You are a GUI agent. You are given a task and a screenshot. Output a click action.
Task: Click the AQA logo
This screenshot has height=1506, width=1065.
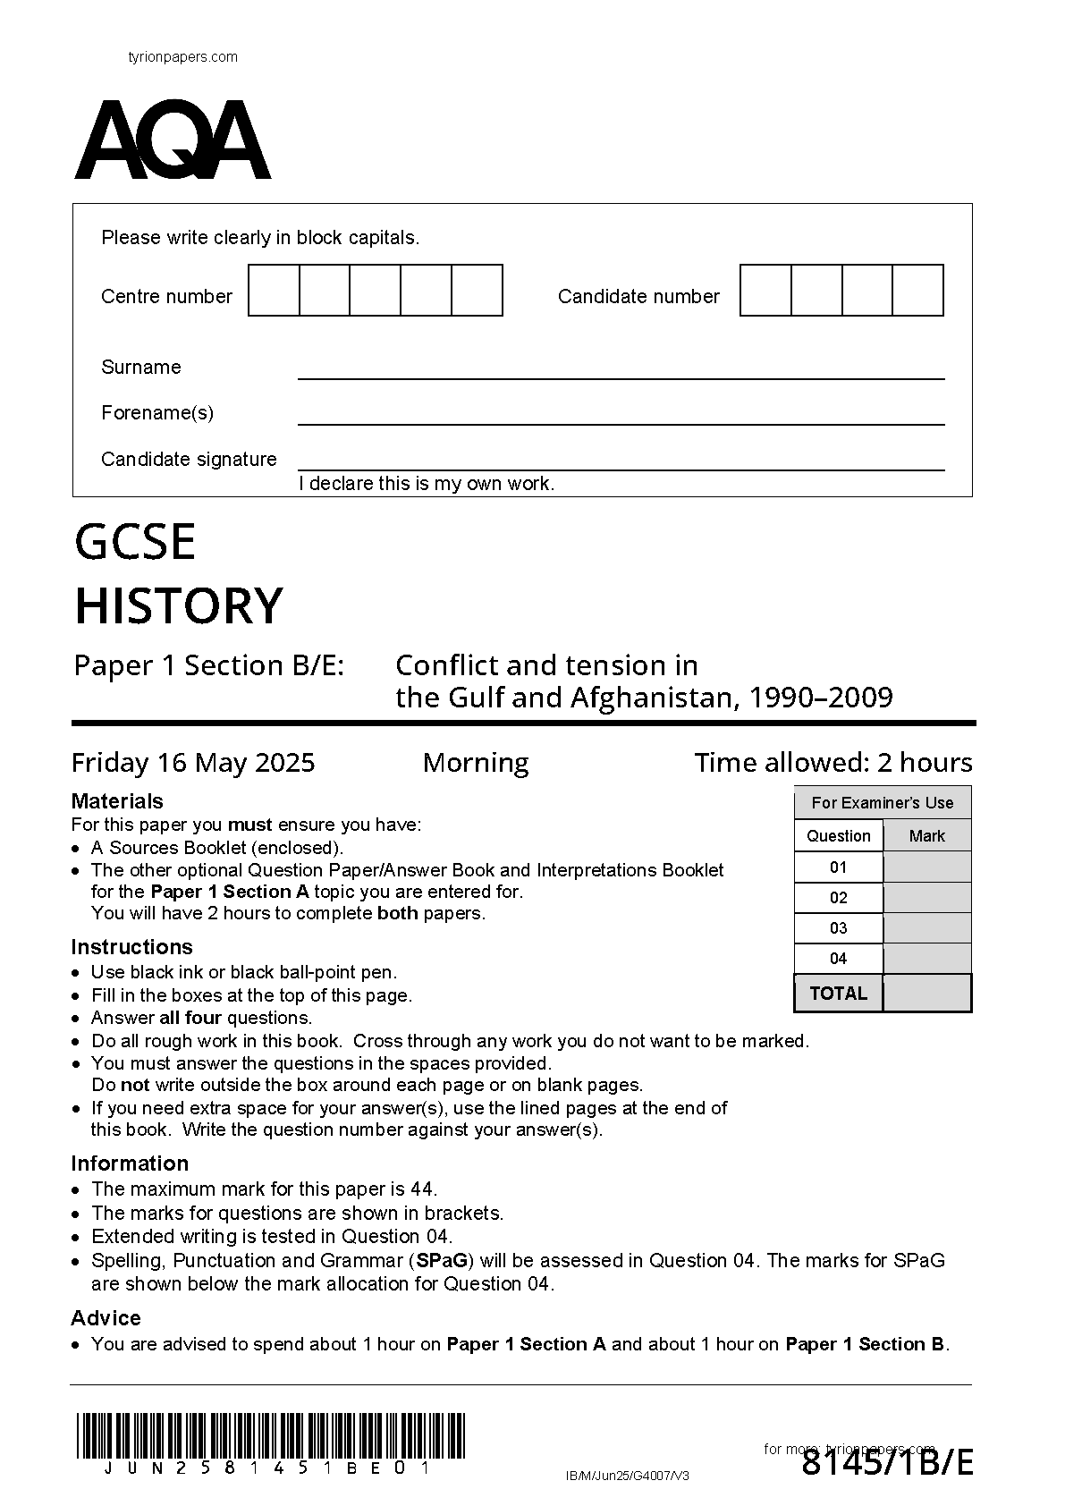(x=173, y=140)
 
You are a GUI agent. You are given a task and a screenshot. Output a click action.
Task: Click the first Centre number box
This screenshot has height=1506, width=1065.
(x=274, y=291)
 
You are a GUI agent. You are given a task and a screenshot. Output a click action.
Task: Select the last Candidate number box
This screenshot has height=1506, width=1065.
(x=917, y=291)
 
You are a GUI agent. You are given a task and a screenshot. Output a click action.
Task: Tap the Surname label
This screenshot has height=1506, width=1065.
(x=141, y=368)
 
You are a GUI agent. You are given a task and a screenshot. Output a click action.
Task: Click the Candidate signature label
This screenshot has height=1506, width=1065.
(x=189, y=460)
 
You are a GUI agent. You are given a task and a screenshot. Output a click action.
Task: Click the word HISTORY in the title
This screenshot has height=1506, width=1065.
(x=179, y=606)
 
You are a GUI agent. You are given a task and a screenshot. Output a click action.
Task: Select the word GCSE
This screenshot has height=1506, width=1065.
(x=135, y=543)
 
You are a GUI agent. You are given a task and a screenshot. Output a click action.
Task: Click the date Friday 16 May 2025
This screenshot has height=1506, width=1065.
(x=193, y=763)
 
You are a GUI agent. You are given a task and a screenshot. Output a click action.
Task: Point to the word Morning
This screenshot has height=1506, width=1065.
(x=476, y=763)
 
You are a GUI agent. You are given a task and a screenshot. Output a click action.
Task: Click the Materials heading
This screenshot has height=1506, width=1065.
(x=117, y=801)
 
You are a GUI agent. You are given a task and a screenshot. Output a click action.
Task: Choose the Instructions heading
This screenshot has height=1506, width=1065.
(x=131, y=947)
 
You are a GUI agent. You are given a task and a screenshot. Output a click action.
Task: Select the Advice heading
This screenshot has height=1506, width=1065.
(x=106, y=1318)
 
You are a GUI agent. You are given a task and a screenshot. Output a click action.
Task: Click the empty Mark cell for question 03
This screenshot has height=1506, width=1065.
(x=926, y=928)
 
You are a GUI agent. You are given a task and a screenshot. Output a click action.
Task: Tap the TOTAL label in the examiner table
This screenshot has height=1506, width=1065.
(x=838, y=994)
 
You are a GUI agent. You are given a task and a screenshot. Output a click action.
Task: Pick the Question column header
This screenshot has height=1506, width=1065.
(x=838, y=836)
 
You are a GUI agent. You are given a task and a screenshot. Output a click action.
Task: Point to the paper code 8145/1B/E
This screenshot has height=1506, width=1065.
(x=887, y=1464)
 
